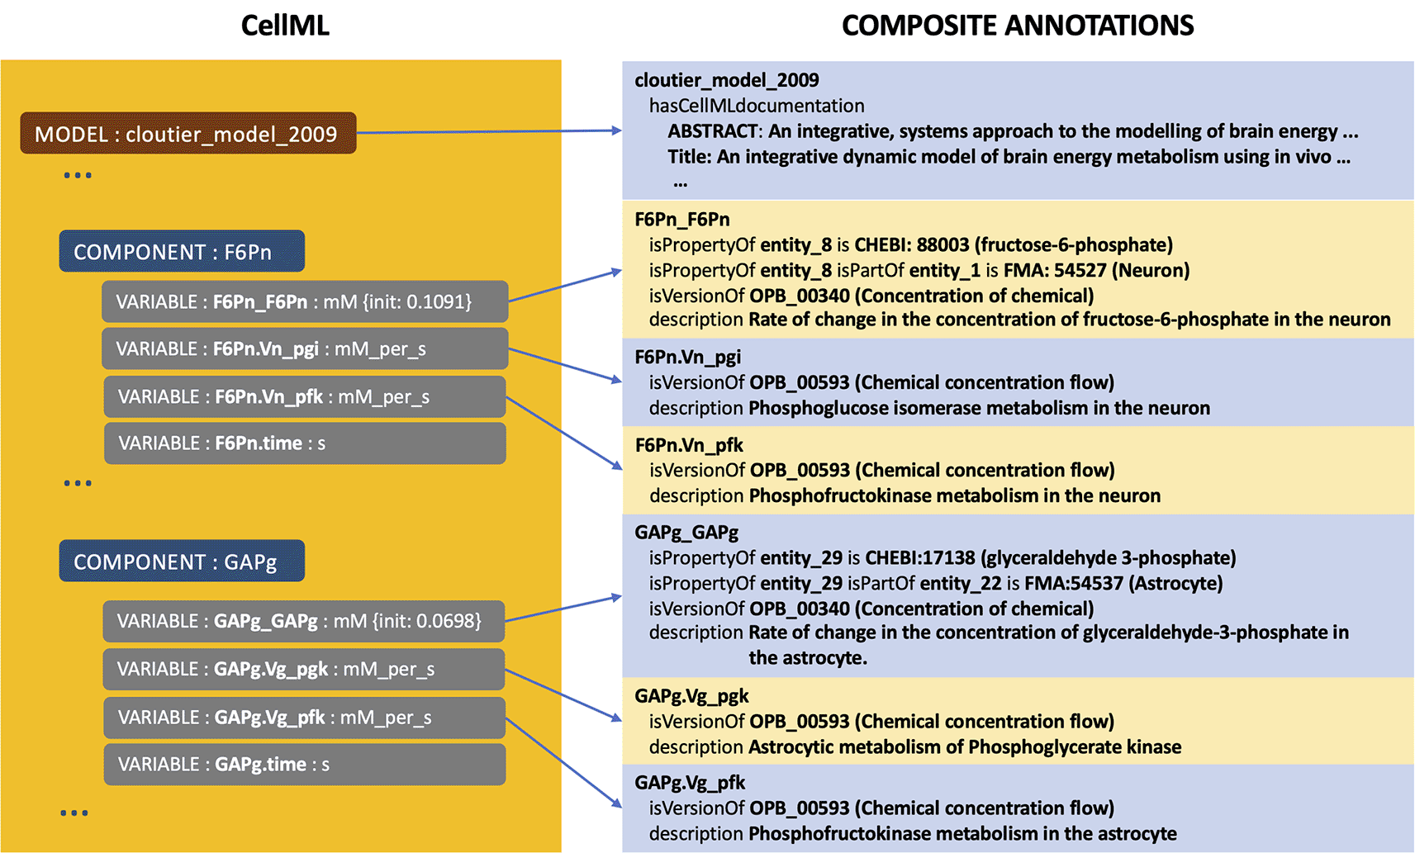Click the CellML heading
coord(285,26)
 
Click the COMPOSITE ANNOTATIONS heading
coord(1018,26)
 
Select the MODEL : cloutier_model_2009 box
coord(188,133)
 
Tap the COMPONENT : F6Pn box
coord(182,251)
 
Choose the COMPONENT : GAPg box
coord(182,561)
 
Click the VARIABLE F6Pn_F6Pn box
coord(305,301)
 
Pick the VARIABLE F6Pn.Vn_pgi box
coord(305,348)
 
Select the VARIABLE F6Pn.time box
coord(305,443)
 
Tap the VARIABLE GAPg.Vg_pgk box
coord(304,669)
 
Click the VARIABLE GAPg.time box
coord(305,765)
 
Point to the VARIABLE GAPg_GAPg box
coord(304,621)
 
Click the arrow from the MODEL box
coord(490,132)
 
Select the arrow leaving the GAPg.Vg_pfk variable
coord(564,763)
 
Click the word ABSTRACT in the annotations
coord(713,131)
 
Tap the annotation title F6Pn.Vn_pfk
coord(689,445)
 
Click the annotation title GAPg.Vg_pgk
coord(691,696)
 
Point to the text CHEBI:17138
coord(920,557)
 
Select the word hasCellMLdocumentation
coord(757,106)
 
